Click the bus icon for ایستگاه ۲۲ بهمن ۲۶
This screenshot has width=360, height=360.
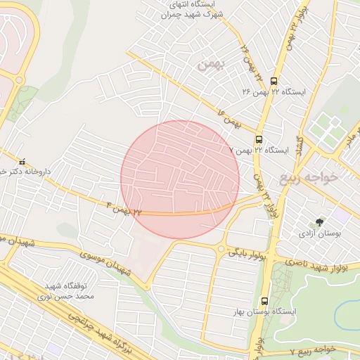[x=274, y=80]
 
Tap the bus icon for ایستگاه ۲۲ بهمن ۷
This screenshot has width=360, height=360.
[x=259, y=139]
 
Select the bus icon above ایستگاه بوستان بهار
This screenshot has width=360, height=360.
[x=264, y=300]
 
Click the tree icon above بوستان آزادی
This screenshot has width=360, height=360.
[x=321, y=221]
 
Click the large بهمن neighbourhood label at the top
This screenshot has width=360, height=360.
[x=210, y=65]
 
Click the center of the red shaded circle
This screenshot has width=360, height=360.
[x=180, y=180]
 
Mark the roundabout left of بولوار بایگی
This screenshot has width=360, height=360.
[x=222, y=248]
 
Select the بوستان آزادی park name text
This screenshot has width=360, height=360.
[x=321, y=233]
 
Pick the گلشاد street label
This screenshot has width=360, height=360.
[x=300, y=143]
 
